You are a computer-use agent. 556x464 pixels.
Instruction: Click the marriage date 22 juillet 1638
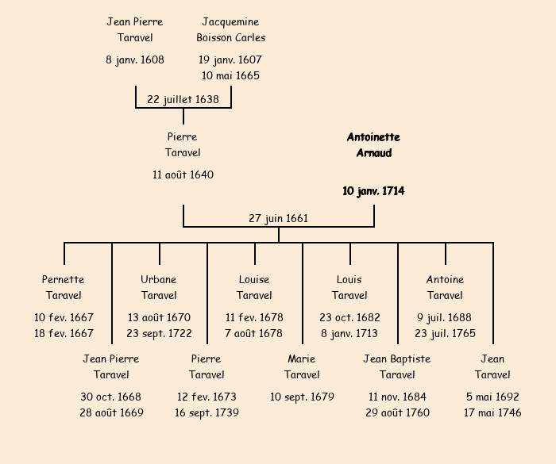tap(183, 99)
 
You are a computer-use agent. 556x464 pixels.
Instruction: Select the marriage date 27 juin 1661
tap(278, 218)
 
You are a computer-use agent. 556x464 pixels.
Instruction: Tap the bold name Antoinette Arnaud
tap(373, 145)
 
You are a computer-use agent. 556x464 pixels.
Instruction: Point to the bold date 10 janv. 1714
tap(373, 191)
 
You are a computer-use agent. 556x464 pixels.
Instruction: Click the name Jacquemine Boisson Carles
tap(230, 29)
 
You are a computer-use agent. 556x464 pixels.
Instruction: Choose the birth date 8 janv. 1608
tap(135, 59)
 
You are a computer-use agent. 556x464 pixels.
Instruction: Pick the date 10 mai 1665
tap(230, 75)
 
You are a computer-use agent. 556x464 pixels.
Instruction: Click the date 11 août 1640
tap(183, 174)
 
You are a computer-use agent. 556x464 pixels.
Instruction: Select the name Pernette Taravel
tap(64, 287)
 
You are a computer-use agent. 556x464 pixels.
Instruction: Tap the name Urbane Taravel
tap(159, 287)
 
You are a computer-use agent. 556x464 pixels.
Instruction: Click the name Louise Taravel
tap(254, 287)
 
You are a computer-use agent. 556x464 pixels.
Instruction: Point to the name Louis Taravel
tap(349, 287)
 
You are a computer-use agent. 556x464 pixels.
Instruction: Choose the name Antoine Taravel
tap(445, 287)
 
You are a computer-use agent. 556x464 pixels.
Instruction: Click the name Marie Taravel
tap(302, 366)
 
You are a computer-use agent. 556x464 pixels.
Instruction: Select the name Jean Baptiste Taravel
tap(397, 366)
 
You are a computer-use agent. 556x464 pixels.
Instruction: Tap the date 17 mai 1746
tap(492, 412)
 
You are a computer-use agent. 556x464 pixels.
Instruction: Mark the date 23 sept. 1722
tap(159, 333)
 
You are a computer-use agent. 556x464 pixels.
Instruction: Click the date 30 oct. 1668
tap(111, 397)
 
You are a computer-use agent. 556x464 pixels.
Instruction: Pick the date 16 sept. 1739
tap(207, 412)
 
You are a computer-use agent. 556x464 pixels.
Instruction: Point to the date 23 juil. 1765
tap(445, 333)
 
